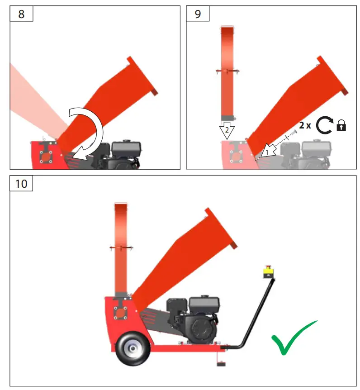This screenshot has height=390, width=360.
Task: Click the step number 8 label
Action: click(x=21, y=14)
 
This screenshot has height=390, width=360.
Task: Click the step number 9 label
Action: click(x=198, y=14)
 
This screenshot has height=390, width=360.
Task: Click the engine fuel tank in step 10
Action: click(x=204, y=303)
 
